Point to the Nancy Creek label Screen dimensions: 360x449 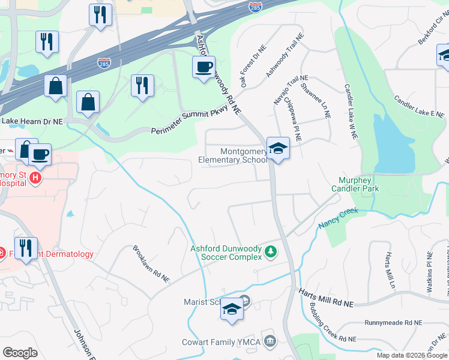point(337,217)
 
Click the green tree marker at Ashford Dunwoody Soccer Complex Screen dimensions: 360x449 point(271,251)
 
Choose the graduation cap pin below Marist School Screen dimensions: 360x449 point(232,311)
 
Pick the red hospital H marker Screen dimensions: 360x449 point(35,178)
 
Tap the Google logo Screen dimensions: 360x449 point(20,352)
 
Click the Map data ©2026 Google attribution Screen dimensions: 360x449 point(412,355)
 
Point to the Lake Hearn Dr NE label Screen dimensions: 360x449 point(32,121)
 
